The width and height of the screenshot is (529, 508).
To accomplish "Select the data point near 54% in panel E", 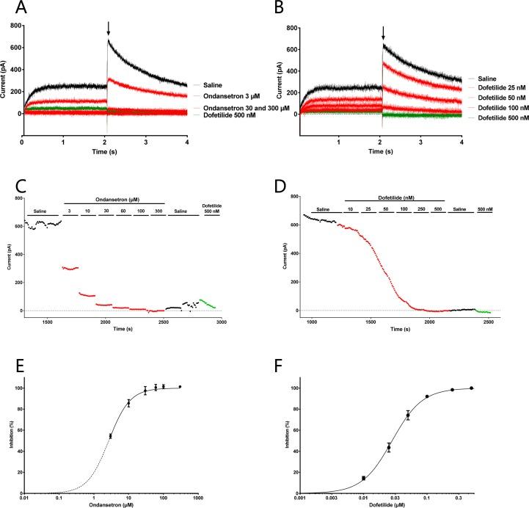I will [110, 436].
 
